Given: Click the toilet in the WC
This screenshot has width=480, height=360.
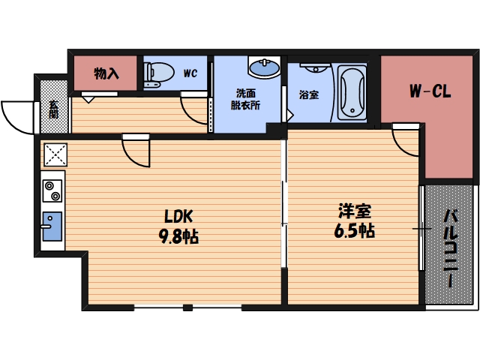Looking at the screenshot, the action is tap(159, 73).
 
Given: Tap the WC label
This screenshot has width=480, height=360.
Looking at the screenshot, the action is tap(190, 73).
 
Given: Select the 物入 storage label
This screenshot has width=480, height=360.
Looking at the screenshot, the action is tap(106, 73).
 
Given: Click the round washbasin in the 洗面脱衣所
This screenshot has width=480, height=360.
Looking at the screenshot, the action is tap(264, 67).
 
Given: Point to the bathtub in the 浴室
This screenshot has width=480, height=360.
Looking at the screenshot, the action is tap(352, 93).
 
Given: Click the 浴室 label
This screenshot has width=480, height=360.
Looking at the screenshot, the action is tap(309, 95).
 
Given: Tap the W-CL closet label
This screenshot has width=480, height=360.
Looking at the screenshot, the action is tap(430, 91).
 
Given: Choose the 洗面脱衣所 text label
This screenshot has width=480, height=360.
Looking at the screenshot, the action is tap(245, 99).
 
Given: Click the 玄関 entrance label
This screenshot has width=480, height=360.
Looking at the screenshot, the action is tap(53, 109).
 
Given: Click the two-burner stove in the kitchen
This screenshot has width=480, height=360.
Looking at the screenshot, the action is tap(52, 190).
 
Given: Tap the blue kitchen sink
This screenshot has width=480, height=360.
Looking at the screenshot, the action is tap(52, 226).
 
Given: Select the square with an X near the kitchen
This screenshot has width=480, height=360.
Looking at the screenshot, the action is tap(55, 154).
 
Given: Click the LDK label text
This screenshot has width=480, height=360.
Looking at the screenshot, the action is tap(178, 216).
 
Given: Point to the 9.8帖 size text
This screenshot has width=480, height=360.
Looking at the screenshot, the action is tap(178, 236).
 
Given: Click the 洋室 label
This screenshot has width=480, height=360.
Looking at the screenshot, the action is tap(355, 211).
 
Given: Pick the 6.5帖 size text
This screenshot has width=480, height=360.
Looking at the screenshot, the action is tap(355, 230).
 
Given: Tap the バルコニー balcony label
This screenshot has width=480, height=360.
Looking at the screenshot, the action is tap(450, 248).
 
